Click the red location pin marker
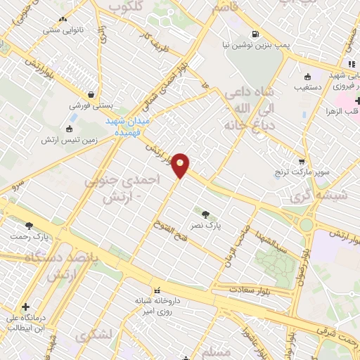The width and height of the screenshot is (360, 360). [181, 165]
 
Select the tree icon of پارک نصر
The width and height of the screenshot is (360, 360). [205, 214]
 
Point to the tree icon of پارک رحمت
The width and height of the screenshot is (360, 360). [29, 226]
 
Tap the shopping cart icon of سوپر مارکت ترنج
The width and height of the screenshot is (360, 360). [302, 161]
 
